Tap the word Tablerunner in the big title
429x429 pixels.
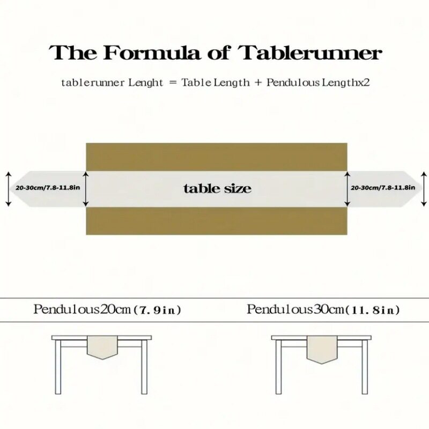(311, 54)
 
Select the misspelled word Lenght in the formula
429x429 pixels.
(142, 83)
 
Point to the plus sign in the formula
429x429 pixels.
(258, 83)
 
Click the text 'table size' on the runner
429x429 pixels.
(217, 189)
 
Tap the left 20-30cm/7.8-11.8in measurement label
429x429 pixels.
(48, 188)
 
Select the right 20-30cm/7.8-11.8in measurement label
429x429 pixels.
(383, 188)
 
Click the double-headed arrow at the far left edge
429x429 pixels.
(8, 189)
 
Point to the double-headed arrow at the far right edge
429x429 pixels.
(424, 189)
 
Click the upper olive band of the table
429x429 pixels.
(217, 157)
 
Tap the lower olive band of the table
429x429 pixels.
(217, 221)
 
